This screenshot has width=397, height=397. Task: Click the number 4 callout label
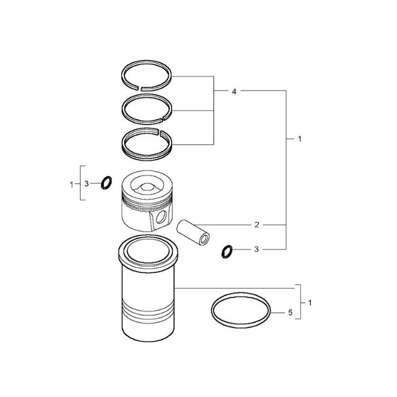coord(233,91)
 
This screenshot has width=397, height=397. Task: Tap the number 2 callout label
coord(257,225)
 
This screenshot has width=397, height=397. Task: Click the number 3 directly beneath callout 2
coord(257,250)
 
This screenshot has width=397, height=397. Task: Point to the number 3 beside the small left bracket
coord(86,184)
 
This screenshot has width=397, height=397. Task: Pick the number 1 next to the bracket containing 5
coord(310,302)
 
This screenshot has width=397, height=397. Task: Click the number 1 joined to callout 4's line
coord(299,139)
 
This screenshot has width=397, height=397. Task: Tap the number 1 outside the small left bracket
coord(71,184)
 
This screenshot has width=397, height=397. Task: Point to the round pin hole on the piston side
coord(159,217)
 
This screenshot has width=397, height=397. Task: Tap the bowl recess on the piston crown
coord(147,186)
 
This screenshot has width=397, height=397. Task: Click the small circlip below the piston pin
coord(227,252)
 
